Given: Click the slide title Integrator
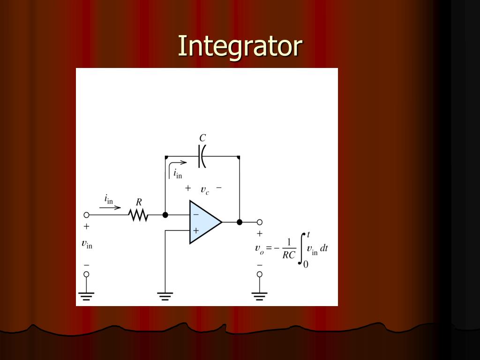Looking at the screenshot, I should pos(240,46).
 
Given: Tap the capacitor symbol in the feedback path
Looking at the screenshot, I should pos(202,157).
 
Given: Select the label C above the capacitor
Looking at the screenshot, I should pos(202,138).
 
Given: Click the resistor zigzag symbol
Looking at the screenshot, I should pos(138,215).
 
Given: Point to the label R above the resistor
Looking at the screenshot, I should pos(139,202).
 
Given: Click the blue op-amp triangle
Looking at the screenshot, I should pos(205,222).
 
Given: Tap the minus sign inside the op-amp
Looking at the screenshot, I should pos(195,215).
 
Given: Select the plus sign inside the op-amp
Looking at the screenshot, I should pos(195,231).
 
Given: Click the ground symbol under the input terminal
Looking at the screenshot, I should pos(86,296).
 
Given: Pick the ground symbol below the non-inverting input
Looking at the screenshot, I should pos(165,296).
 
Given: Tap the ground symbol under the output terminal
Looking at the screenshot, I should pos(259,296).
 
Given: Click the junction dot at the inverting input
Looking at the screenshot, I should pos(165,215).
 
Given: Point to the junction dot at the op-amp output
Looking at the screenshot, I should pos(240,222).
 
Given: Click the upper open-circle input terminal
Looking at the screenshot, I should pos(86,215).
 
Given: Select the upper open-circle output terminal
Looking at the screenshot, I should pos(260,222).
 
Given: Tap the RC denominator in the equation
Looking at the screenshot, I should pos(289,256).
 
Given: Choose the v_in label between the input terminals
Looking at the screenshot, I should pos(87,244).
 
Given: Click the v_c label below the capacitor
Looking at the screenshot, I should pos(205,190).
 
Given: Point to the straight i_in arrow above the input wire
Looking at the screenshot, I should pos(110,208).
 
